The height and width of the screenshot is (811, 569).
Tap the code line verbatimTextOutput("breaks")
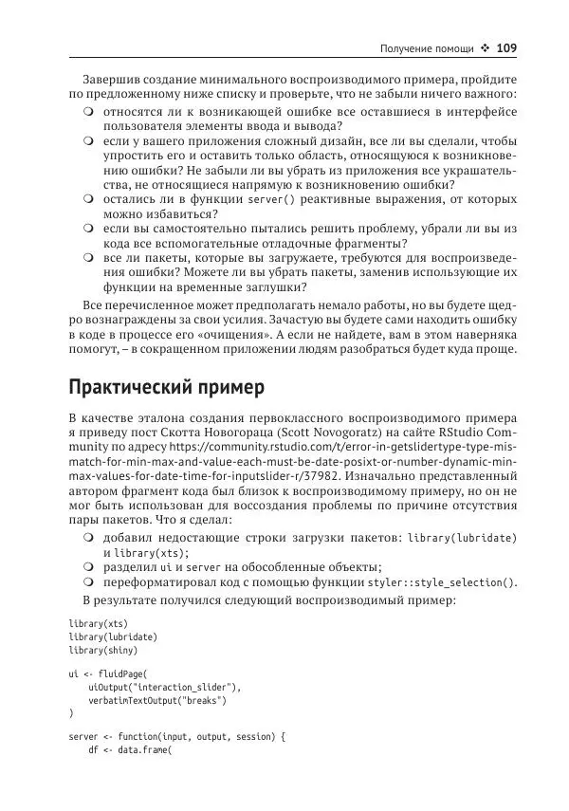tap(157, 701)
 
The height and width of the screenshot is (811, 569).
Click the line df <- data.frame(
tap(127, 748)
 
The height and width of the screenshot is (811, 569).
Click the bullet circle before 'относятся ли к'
tap(87, 112)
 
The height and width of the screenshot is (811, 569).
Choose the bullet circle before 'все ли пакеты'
tap(87, 257)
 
